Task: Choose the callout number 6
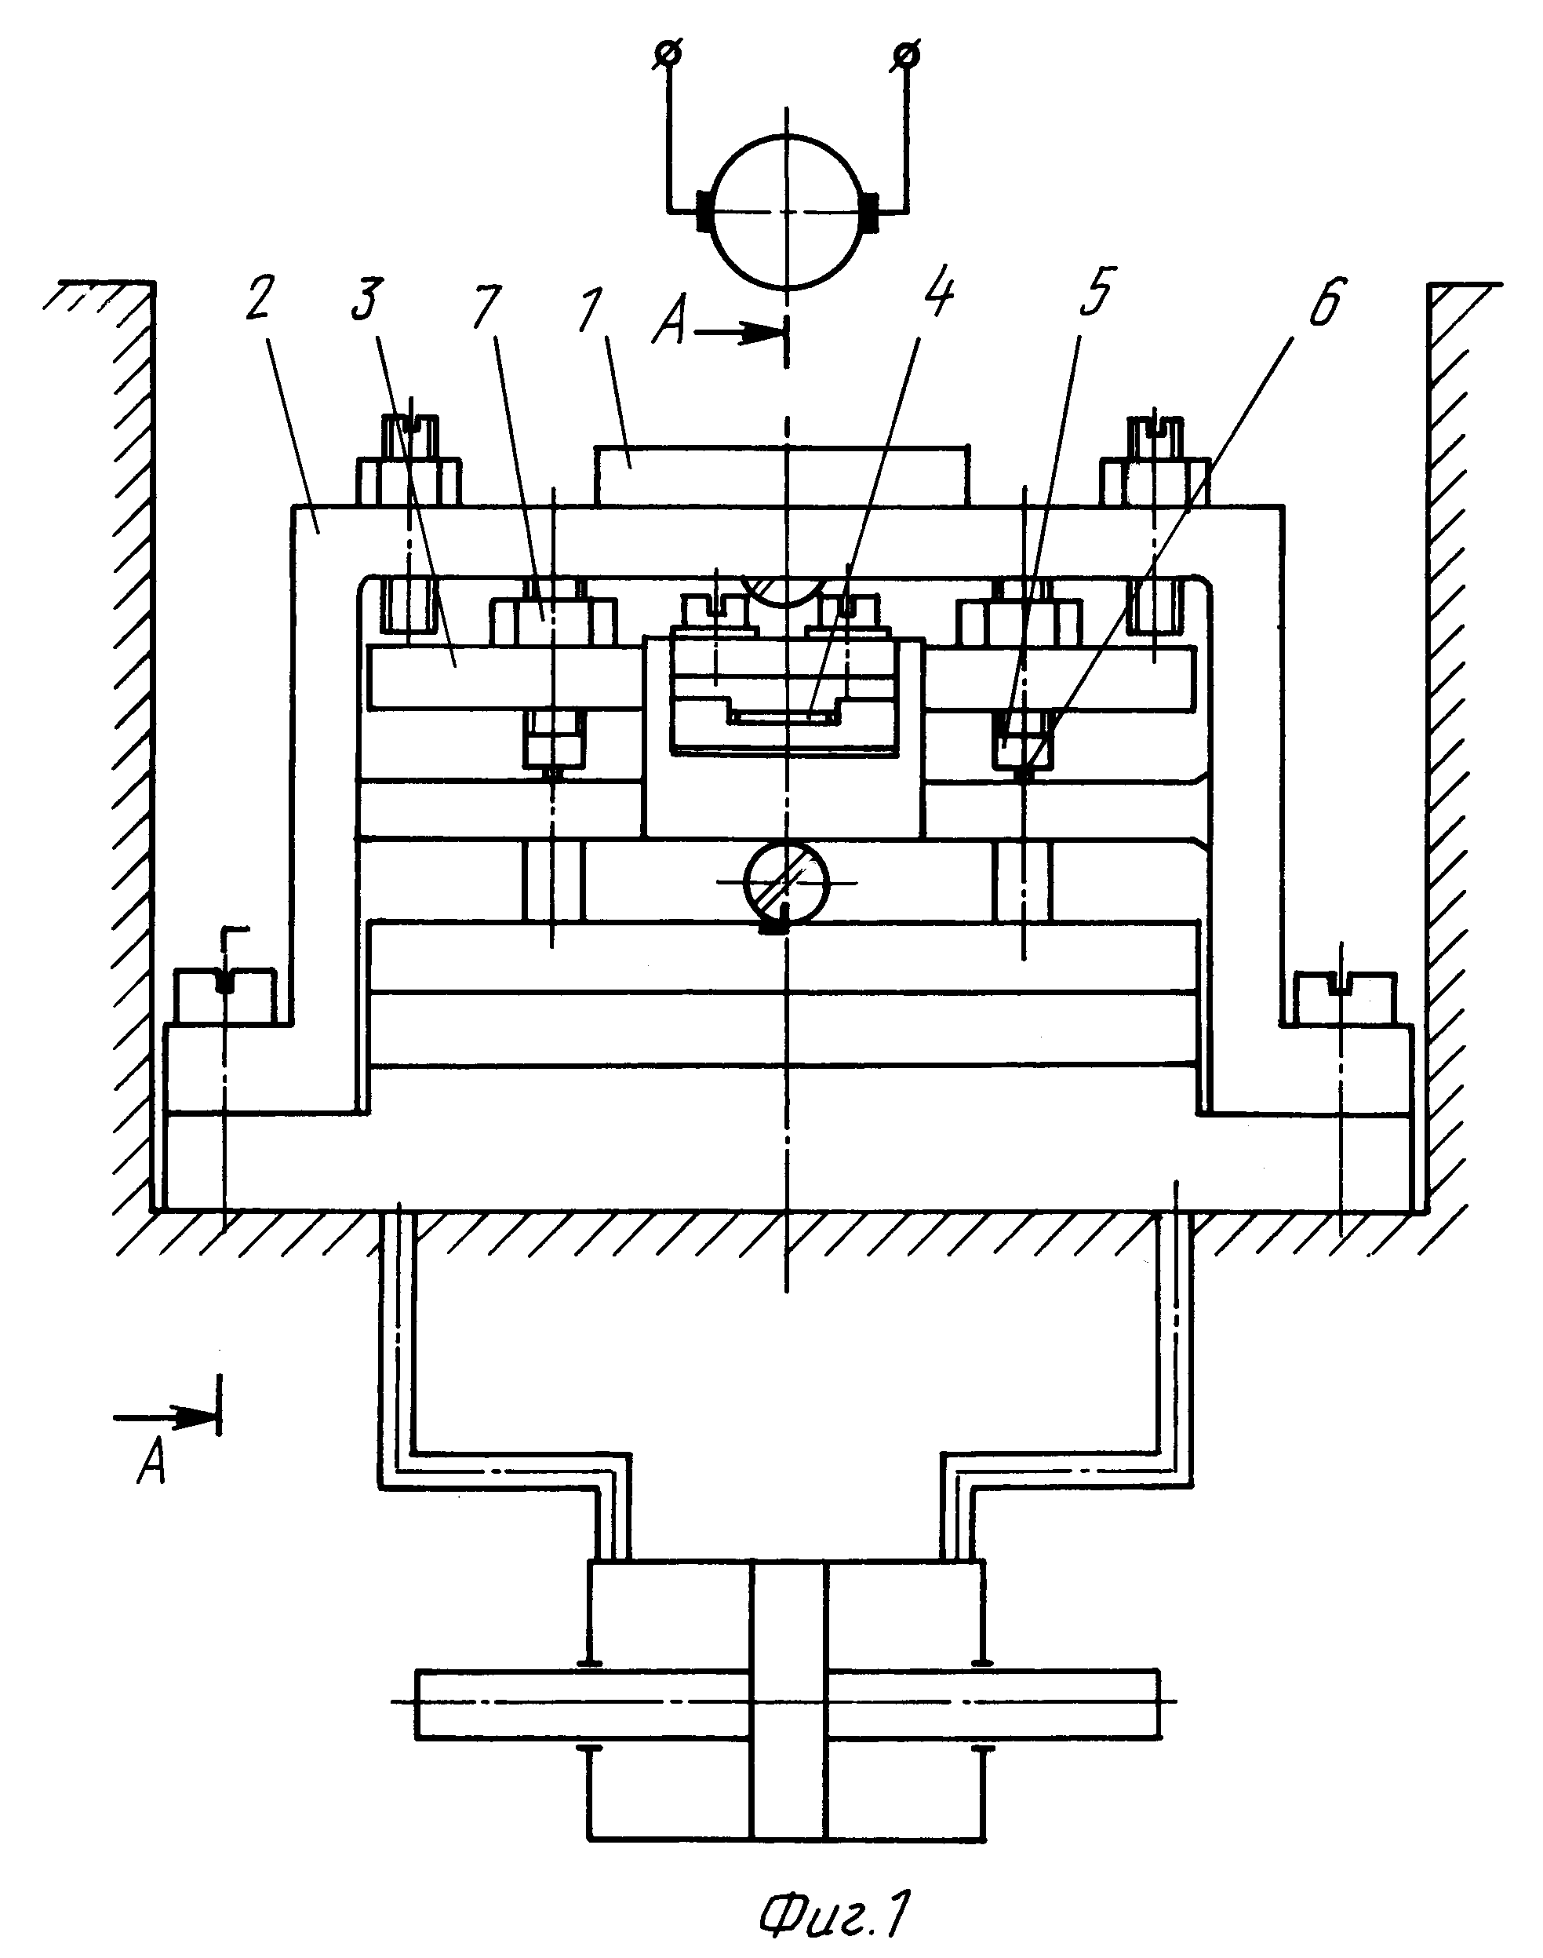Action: (x=1325, y=303)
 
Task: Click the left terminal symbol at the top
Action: (x=668, y=54)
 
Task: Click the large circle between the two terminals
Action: (x=787, y=210)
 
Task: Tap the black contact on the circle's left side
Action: (x=704, y=211)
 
